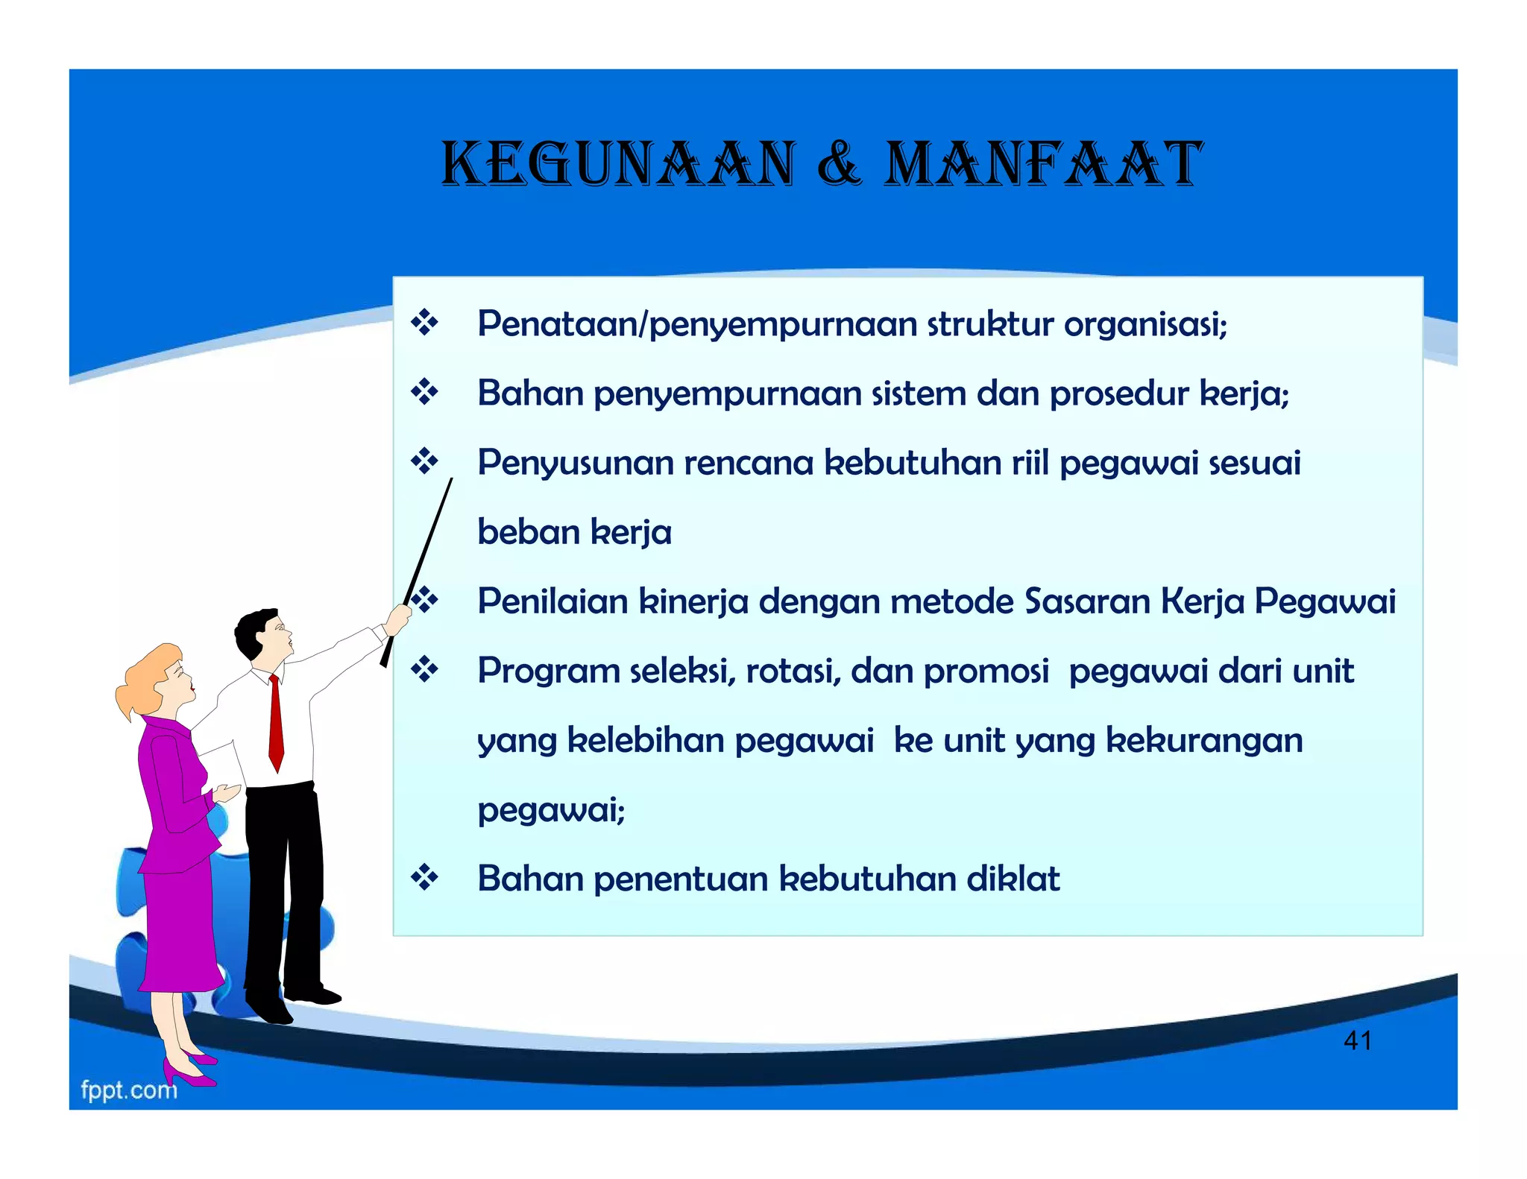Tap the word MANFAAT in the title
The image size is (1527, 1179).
coord(1042,164)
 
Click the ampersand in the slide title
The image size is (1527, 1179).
coord(840,164)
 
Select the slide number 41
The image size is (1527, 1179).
coord(1357,1040)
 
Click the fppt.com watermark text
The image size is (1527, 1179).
coord(129,1090)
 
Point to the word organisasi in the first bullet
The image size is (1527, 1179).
coord(1145,324)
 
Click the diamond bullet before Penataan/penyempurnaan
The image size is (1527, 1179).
coord(424,323)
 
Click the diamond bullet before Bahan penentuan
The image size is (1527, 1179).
coord(424,878)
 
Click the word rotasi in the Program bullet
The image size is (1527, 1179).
coord(793,671)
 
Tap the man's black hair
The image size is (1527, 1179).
coord(252,630)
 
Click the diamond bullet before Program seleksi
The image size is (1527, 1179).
coord(424,670)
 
